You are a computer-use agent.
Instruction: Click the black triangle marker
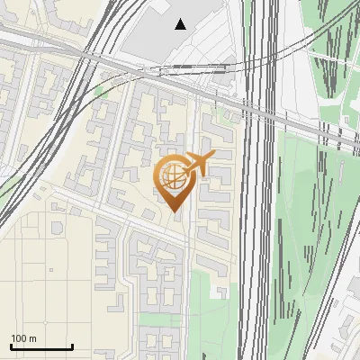tap(182, 24)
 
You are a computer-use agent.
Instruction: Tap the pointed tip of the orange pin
tap(175, 212)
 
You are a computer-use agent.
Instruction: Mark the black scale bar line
tap(41, 347)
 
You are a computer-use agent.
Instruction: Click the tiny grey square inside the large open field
tap(52, 268)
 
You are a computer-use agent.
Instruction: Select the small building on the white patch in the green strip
tap(217, 291)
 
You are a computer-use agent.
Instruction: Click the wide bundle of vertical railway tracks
tap(256, 225)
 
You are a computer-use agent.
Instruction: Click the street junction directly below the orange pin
tap(184, 239)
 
